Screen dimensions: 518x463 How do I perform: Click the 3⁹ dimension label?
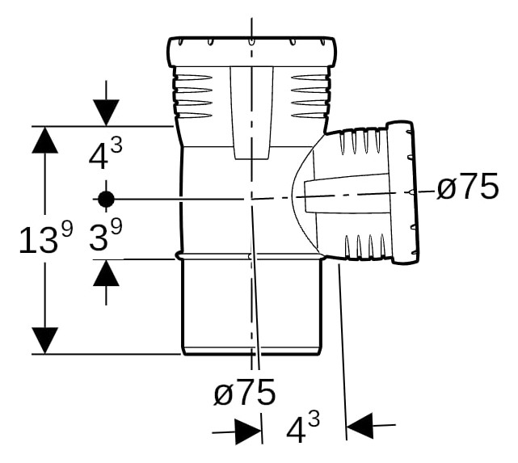point(105,234)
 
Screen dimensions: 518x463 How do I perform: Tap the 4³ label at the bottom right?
point(303,427)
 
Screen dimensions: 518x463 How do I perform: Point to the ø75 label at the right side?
point(467,187)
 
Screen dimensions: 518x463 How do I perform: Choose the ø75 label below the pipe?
point(245,392)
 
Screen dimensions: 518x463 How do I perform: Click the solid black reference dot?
point(106,199)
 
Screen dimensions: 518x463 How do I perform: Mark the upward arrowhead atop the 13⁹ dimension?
point(45,140)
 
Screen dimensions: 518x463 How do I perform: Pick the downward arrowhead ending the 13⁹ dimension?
point(45,340)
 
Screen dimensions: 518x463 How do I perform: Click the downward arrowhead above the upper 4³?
point(106,112)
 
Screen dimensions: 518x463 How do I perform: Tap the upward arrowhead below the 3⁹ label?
point(106,273)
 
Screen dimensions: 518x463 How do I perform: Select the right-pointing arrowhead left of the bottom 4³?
point(248,432)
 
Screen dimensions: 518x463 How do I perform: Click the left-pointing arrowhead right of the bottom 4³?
point(360,425)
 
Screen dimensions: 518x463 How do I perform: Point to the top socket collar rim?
point(252,51)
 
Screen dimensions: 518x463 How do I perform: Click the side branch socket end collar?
point(403,193)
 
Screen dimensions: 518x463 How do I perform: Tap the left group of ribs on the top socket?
point(192,96)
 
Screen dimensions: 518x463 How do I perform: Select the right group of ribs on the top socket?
point(311,96)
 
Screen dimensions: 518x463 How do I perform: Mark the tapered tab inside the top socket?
point(252,113)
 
